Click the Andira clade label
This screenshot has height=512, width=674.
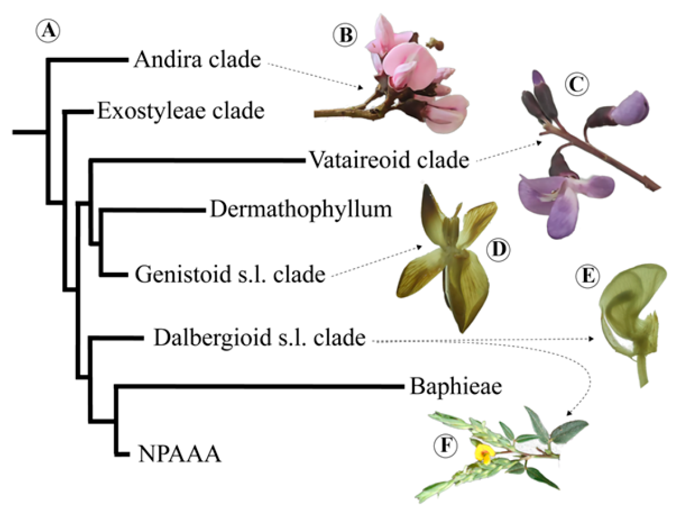pos(197,60)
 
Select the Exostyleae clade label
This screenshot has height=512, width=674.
pos(180,110)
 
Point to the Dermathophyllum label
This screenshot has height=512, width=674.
pos(301,209)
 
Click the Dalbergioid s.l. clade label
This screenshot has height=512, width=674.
pos(259,339)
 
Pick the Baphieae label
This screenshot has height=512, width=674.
pos(456,387)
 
